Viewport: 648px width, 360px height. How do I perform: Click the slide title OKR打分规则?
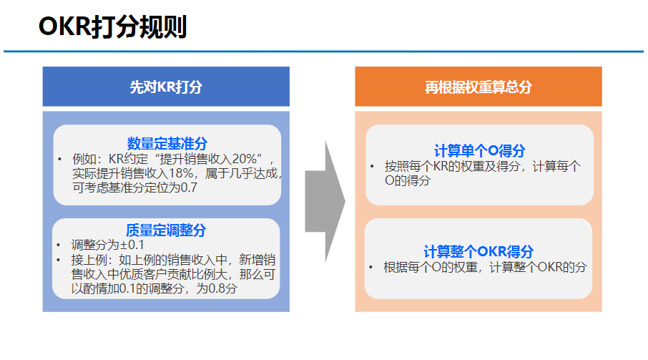pyautogui.click(x=112, y=27)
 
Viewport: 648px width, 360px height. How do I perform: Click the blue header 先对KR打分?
pyautogui.click(x=166, y=87)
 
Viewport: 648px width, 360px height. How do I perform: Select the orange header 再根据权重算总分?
pyautogui.click(x=478, y=87)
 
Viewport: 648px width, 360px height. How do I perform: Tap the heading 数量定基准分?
pyautogui.click(x=167, y=143)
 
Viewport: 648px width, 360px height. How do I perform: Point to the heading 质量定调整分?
pyautogui.click(x=166, y=230)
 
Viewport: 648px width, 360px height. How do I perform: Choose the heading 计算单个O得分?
pyautogui.click(x=479, y=150)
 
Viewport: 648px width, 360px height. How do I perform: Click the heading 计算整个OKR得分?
pyautogui.click(x=478, y=251)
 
